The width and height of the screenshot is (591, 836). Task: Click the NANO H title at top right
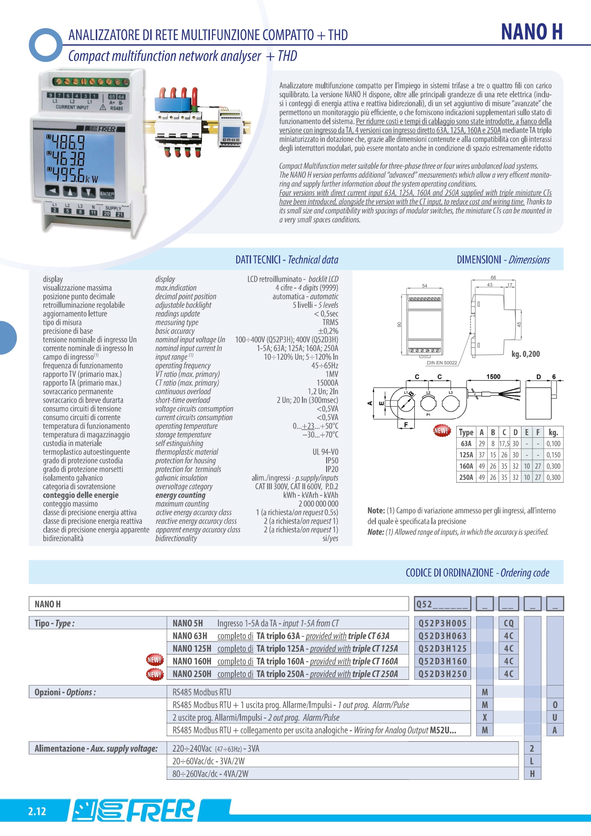pos(531,32)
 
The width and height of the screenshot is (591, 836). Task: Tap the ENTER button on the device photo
pos(107,193)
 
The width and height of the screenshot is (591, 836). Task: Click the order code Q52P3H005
pos(442,623)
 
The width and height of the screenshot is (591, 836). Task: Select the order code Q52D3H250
pos(442,674)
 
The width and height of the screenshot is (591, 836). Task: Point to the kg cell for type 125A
pos(553,455)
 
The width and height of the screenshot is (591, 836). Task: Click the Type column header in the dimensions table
pos(466,433)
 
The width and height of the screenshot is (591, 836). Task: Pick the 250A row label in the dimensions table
pos(466,477)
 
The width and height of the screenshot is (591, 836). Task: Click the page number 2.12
pos(37,812)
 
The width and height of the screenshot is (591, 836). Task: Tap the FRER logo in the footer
pos(134,810)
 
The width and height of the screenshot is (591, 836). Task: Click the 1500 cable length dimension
pos(493,377)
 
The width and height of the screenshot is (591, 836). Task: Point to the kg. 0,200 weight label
pos(525,354)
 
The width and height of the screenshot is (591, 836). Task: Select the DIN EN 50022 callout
pos(441,363)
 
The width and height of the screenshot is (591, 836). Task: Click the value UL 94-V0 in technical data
pos(325,452)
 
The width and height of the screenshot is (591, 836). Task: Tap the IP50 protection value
pos(331,461)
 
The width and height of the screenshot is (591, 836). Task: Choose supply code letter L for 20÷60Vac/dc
pos(532,761)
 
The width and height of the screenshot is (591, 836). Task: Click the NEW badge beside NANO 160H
pos(154,661)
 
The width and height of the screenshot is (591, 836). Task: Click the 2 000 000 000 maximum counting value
pos(318,504)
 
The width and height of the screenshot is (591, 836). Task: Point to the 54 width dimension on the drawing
pos(424,286)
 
